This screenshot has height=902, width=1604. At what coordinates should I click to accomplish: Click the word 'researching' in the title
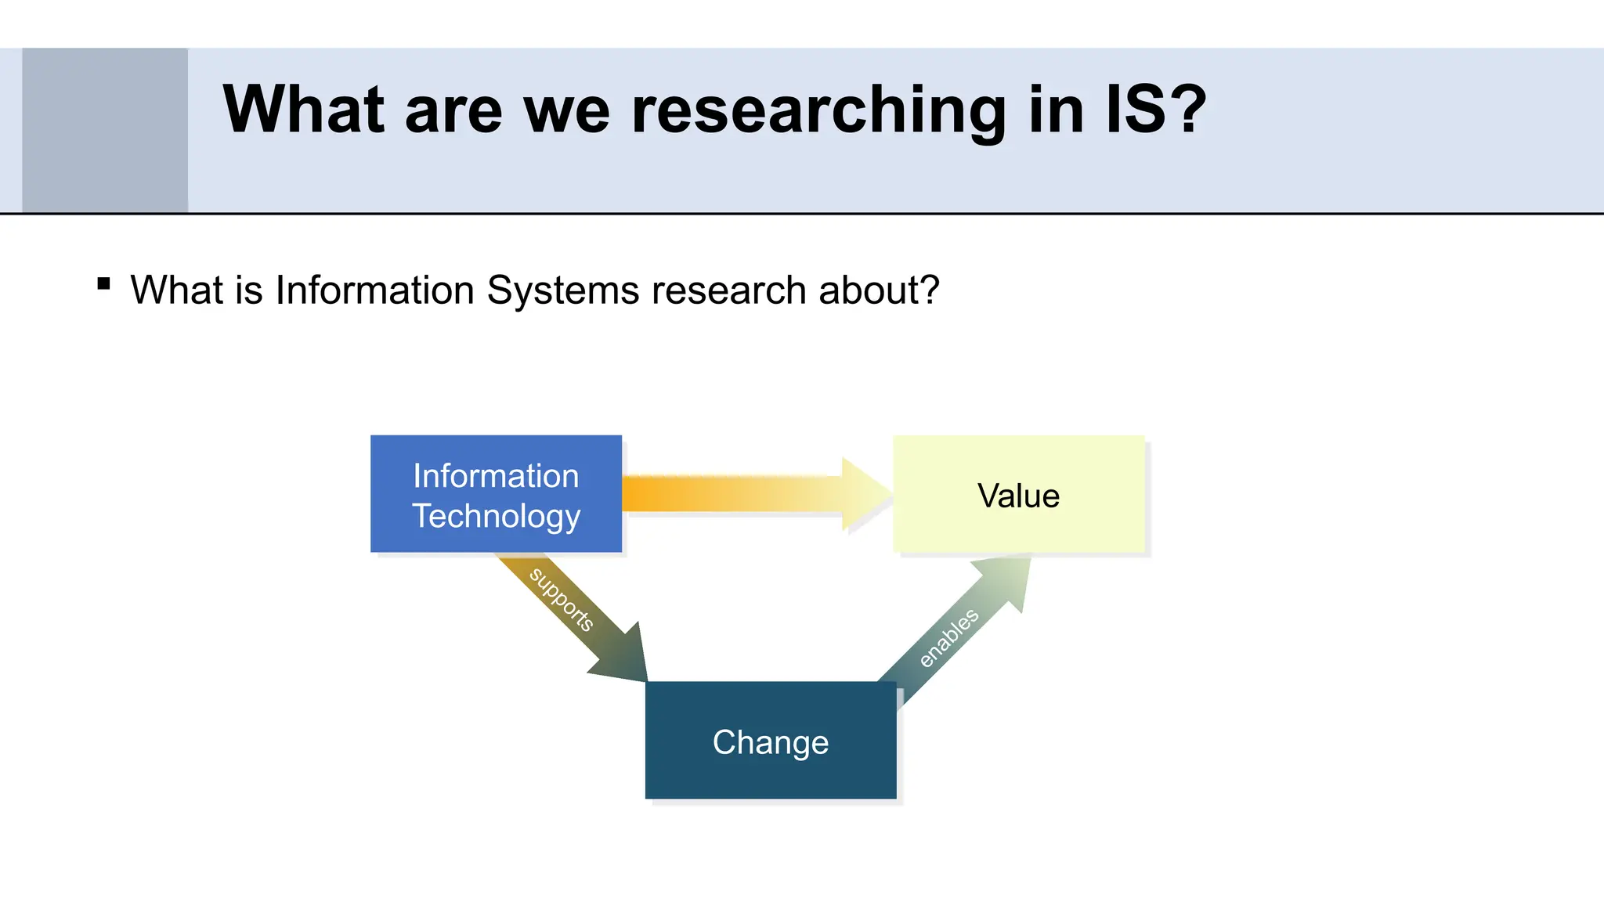click(818, 110)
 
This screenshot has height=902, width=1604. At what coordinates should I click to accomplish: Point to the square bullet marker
click(103, 283)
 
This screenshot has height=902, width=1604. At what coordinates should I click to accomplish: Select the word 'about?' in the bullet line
click(879, 290)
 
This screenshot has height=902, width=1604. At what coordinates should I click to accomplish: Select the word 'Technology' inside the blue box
click(496, 517)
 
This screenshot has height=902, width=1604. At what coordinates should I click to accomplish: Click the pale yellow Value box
click(1018, 496)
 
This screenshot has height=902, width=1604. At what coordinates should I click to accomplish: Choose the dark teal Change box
click(771, 741)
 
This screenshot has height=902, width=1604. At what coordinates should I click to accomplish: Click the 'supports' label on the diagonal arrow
click(561, 599)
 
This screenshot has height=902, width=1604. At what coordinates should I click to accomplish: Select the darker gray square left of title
click(105, 130)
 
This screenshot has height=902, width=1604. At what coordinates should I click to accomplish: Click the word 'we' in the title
click(565, 110)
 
